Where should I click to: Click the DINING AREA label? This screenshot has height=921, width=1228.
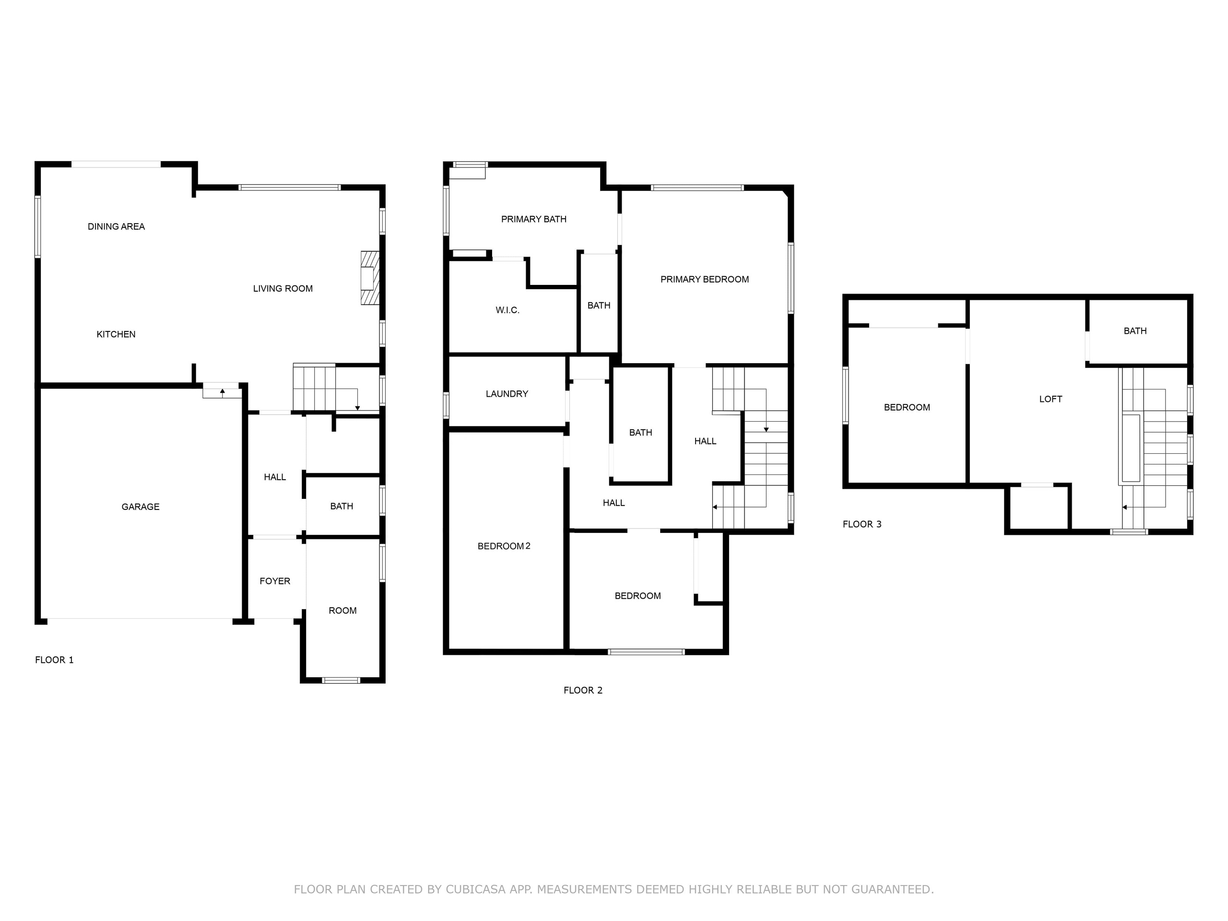[116, 226]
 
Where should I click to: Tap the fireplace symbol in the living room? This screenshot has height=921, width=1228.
[370, 278]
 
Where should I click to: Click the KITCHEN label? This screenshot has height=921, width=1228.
[116, 334]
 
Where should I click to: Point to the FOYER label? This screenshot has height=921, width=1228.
[275, 581]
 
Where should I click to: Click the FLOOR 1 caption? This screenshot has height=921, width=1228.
[54, 660]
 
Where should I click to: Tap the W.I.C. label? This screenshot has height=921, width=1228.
[508, 310]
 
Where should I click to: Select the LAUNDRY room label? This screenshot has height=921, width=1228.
[507, 394]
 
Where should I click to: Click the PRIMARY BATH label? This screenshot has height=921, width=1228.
[533, 219]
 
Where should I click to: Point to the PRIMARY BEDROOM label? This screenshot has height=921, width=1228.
[705, 280]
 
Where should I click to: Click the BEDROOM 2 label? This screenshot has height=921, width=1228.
[504, 546]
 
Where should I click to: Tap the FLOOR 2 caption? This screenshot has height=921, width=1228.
[583, 691]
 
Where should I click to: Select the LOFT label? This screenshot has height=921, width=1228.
[1051, 399]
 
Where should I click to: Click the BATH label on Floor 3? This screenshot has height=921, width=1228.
[1135, 331]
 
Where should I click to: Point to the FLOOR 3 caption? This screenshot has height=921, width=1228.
[862, 525]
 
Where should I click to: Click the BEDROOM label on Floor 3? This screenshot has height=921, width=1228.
[907, 407]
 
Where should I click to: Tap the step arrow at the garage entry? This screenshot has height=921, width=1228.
[222, 392]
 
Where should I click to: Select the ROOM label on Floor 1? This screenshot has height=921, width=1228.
[342, 611]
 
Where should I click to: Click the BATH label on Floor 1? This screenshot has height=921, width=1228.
[342, 506]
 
